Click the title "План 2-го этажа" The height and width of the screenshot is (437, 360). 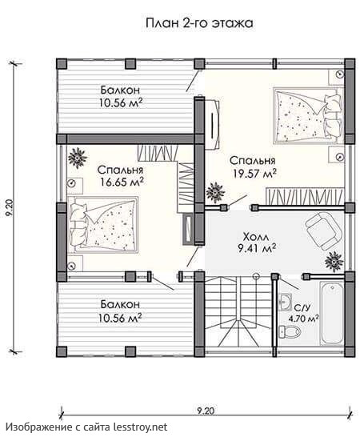pyautogui.click(x=199, y=23)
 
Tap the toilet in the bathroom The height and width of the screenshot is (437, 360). pyautogui.click(x=290, y=331)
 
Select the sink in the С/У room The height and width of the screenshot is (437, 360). pyautogui.click(x=285, y=302)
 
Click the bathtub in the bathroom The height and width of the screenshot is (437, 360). pyautogui.click(x=332, y=314)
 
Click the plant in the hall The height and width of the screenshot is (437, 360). pyautogui.click(x=334, y=262)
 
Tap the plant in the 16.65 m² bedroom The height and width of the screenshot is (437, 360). pyautogui.click(x=77, y=158)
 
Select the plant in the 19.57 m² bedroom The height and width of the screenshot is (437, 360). pyautogui.click(x=215, y=191)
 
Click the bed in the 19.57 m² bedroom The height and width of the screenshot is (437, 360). pyautogui.click(x=308, y=116)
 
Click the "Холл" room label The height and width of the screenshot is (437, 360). pyautogui.click(x=256, y=237)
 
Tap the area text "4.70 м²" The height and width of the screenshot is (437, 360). pyautogui.click(x=304, y=319)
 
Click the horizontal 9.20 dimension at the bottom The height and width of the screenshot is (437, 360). pyautogui.click(x=206, y=411)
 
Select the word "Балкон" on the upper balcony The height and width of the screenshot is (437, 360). pyautogui.click(x=120, y=90)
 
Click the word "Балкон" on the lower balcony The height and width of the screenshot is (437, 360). pyautogui.click(x=120, y=304)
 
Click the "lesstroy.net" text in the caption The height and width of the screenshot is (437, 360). pyautogui.click(x=141, y=427)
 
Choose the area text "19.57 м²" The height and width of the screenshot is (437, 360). pyautogui.click(x=254, y=174)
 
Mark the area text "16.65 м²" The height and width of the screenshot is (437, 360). pyautogui.click(x=122, y=182)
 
